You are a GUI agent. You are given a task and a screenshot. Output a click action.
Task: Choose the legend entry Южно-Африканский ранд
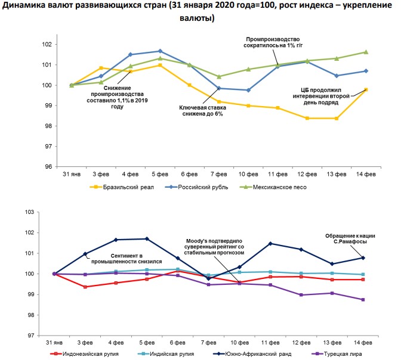[257, 353]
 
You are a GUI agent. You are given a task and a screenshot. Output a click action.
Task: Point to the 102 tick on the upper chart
[48, 44]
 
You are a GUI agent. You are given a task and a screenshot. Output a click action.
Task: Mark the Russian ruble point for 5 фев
[160, 51]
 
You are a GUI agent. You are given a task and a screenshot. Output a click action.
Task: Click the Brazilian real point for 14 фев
[366, 89]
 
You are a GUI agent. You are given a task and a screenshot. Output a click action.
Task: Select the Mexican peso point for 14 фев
[366, 52]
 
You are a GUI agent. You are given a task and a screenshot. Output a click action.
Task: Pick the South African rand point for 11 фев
[270, 244]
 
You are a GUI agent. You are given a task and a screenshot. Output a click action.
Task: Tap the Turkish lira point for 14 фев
[363, 300]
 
